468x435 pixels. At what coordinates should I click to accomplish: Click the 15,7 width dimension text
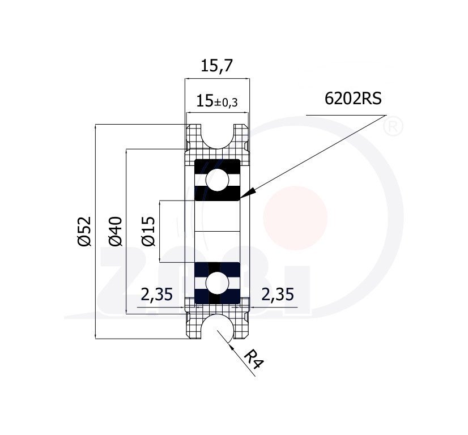coord(216,66)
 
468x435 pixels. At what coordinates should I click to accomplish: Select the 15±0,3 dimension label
coord(217,101)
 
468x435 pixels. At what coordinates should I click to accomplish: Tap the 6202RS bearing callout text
coord(353,99)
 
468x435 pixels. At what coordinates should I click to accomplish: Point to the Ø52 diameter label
coord(84,231)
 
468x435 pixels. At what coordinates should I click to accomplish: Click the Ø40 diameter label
coord(115,231)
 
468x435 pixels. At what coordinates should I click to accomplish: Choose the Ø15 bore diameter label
coord(148,231)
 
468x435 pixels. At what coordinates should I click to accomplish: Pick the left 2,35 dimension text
coord(157,294)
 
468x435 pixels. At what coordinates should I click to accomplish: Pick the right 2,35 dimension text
coord(278,294)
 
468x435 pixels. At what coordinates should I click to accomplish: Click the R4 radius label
coord(254,359)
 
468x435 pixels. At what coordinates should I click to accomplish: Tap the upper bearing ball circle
coord(218,180)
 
